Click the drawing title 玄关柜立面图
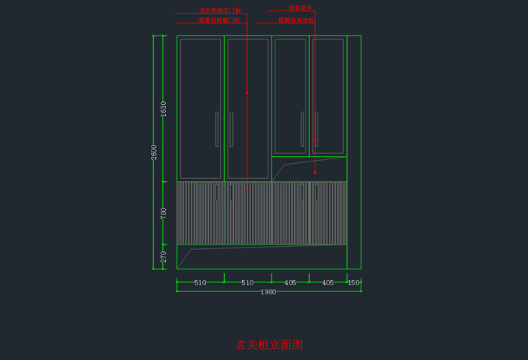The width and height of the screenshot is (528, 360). pos(269,345)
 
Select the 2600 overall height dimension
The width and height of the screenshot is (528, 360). pos(154,152)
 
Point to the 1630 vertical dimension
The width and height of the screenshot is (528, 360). pos(164,109)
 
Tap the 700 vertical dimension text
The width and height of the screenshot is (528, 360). pos(164,214)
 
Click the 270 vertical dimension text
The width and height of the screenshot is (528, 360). pos(164,257)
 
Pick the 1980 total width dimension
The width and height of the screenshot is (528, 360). pos(269,291)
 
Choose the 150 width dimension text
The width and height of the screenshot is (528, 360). pos(354,283)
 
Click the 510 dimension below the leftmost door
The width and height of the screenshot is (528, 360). pos(200,283)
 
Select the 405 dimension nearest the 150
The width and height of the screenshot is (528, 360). pos(328,283)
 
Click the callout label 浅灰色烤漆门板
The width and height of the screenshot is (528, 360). pos(219,11)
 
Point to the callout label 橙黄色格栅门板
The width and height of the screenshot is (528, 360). pos(219,20)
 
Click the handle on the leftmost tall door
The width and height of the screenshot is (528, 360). pos(216,129)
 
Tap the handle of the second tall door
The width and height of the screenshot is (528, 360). pos(232,129)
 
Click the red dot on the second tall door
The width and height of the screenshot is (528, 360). pos(247,93)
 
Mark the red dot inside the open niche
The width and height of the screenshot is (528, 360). pos(315,172)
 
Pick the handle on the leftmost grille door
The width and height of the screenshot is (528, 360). pos(216,192)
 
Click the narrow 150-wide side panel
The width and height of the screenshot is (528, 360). pos(354,152)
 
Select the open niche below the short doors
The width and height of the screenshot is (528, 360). pos(309,169)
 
